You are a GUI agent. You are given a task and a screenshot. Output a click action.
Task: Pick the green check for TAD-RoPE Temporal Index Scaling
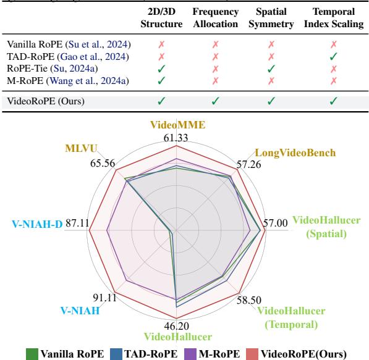coord(334,57)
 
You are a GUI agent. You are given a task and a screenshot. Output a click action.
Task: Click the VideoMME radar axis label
coord(177,125)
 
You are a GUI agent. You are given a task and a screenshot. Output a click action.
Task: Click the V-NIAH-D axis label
coord(37,224)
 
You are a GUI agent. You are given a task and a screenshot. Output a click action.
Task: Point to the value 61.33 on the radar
coord(177,138)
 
